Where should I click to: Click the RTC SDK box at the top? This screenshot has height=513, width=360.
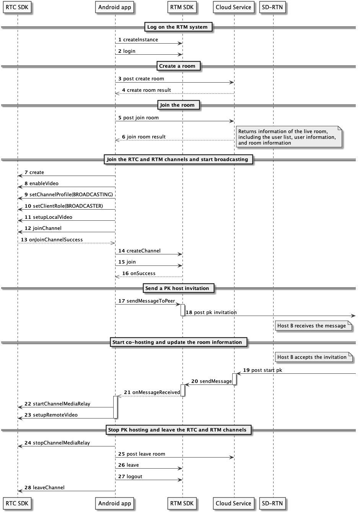coord(17,7)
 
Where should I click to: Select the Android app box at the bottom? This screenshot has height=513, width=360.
coord(114,503)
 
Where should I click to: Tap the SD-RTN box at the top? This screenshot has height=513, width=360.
coord(272,7)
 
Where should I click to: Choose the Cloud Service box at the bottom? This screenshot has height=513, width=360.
coord(233,503)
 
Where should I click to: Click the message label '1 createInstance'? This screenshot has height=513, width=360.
coord(138,40)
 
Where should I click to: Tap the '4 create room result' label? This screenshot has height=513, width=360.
coord(147,90)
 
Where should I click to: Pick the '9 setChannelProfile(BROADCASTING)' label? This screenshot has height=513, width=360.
coord(69,194)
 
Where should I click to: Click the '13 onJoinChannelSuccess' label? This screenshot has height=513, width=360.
coord(52,239)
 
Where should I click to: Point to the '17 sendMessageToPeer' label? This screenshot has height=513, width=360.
coord(147,301)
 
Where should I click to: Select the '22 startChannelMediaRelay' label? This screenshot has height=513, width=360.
coord(57,404)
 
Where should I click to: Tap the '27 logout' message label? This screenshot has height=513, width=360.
coord(130,476)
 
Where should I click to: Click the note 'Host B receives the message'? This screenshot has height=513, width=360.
coord(313,326)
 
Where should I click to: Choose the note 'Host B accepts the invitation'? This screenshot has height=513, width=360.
coord(314,357)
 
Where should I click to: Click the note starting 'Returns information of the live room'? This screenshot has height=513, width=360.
coord(289,137)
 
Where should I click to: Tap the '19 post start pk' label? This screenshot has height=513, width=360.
coord(262,370)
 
